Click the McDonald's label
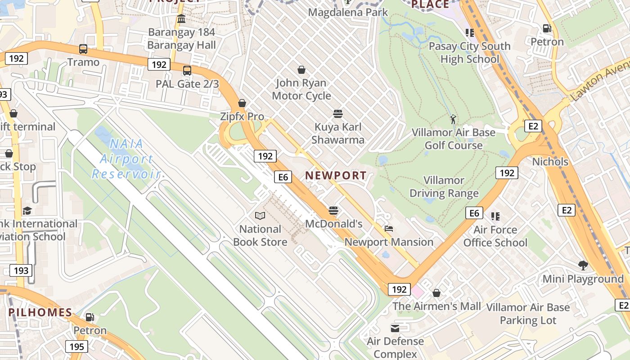333,224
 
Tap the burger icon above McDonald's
333,210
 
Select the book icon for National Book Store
260,216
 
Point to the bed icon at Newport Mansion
389,229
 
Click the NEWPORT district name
336,175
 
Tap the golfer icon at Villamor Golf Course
453,119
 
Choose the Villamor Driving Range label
444,187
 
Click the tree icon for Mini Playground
583,265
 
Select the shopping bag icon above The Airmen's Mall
436,293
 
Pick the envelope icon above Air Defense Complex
395,328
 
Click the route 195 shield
76,346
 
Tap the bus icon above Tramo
83,49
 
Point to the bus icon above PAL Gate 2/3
187,71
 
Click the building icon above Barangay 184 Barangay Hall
181,19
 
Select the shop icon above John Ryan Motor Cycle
301,70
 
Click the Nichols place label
550,162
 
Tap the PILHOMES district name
40,312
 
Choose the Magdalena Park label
348,12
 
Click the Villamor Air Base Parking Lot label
528,314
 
